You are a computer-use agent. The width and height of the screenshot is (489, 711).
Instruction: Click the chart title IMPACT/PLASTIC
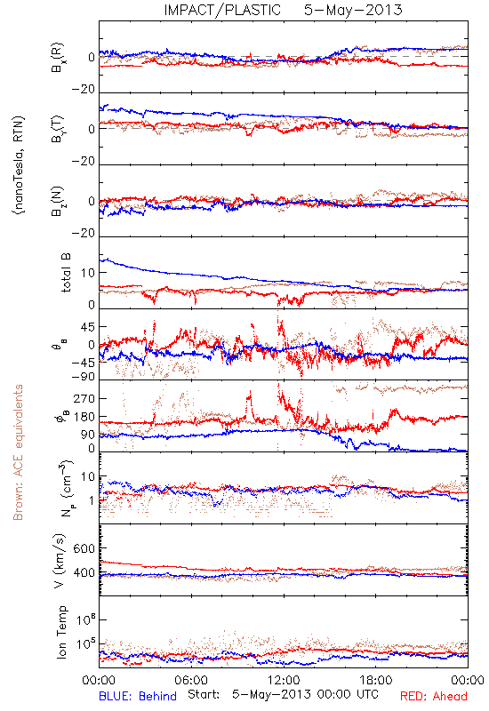point(222,10)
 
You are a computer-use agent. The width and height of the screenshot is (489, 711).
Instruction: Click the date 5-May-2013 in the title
point(353,10)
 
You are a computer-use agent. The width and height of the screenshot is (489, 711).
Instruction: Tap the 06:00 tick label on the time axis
point(191,680)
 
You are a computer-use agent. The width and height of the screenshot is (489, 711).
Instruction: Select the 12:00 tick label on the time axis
point(284,680)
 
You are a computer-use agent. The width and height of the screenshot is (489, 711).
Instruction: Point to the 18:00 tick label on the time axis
point(376,680)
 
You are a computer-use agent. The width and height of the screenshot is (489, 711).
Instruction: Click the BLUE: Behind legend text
point(138,696)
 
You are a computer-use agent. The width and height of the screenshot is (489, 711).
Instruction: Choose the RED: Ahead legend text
point(433,696)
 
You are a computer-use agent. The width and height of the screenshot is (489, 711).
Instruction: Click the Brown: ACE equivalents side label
point(18,452)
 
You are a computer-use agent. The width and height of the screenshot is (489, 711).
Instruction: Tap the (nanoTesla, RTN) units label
point(19,165)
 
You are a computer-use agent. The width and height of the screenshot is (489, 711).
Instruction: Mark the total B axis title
point(66,273)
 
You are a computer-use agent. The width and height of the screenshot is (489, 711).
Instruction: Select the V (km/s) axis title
point(60,561)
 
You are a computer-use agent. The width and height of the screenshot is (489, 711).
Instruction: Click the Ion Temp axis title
point(61,632)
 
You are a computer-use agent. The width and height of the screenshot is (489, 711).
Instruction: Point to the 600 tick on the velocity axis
point(84,548)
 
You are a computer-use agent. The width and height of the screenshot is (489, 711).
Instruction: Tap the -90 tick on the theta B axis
point(83,377)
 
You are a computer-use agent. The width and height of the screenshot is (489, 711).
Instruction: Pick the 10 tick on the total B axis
point(88,273)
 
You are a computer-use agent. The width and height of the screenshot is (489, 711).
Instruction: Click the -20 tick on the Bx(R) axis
point(83,90)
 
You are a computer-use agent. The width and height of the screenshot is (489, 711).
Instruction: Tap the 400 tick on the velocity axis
point(84,573)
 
